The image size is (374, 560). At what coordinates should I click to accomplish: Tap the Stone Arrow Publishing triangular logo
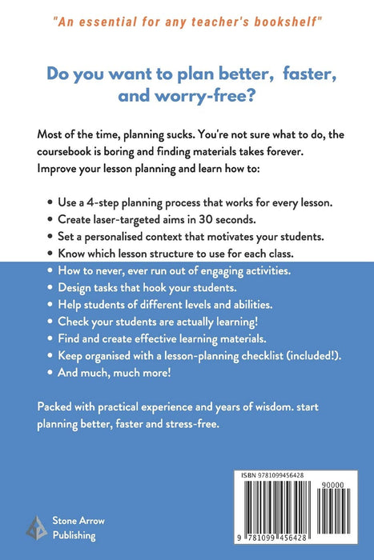pyautogui.click(x=36, y=527)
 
